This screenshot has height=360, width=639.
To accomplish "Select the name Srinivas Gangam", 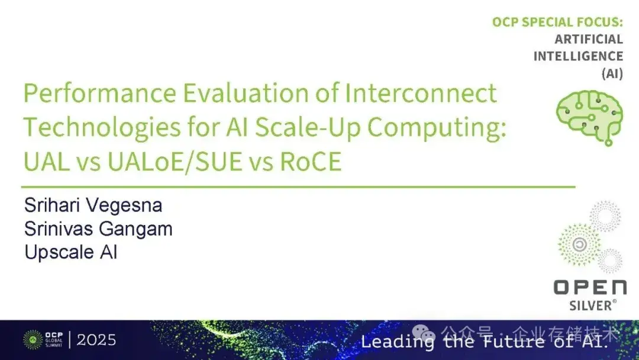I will click(x=98, y=229).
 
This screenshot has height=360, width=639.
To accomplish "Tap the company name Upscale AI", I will click(x=70, y=252).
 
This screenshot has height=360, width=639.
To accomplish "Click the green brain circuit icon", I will click(x=589, y=114).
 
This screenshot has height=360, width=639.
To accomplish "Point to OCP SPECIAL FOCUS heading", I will click(x=557, y=22).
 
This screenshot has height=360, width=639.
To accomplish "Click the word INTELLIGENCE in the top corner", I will click(x=578, y=56).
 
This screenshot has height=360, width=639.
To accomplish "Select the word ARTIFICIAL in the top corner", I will click(x=588, y=39).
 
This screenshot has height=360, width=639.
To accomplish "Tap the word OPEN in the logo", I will click(x=589, y=288).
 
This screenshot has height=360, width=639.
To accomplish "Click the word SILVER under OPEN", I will click(x=591, y=305).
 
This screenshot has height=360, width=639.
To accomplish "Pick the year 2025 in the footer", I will click(x=96, y=340).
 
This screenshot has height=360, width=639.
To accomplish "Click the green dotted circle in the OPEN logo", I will click(x=579, y=243).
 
